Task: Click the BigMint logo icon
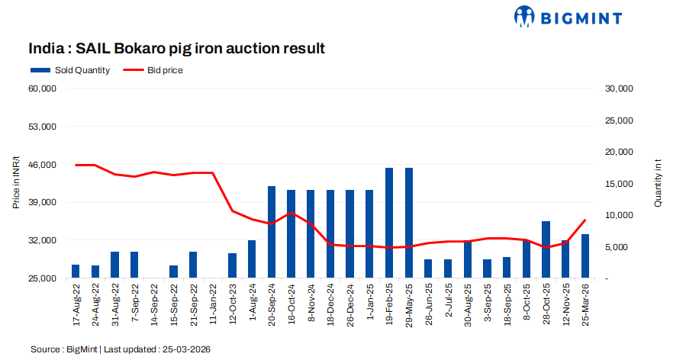(x=525, y=16)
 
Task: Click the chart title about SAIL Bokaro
(x=177, y=49)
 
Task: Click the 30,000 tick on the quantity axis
(x=620, y=88)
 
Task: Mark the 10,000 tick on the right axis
(x=620, y=216)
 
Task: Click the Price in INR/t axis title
(x=16, y=183)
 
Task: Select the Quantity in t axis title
(x=658, y=183)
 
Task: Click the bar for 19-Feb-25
(x=389, y=223)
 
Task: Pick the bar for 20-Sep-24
(x=272, y=232)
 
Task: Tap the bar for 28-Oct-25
(x=546, y=249)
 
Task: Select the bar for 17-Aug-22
(x=76, y=272)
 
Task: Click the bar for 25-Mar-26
(x=585, y=256)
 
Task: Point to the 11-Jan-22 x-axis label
(x=213, y=305)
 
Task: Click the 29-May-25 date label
(x=409, y=305)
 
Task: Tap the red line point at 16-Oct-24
(x=291, y=213)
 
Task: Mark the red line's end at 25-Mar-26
(x=585, y=220)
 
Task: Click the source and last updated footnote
(x=121, y=349)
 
